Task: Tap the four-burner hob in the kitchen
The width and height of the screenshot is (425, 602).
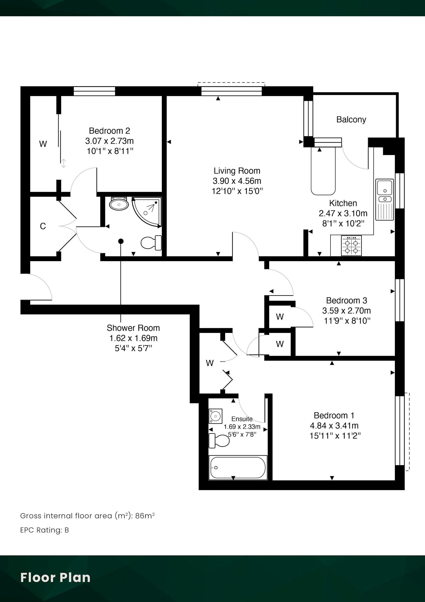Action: (x=351, y=245)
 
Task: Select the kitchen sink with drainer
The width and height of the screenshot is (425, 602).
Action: (x=384, y=199)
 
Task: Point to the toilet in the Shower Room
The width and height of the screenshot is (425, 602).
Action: (x=151, y=243)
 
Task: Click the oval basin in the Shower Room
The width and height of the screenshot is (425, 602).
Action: (x=119, y=204)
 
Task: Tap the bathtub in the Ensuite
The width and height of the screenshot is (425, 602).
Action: (x=238, y=467)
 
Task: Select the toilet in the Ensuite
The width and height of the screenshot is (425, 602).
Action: (x=219, y=440)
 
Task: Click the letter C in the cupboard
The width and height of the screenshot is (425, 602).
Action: (x=43, y=226)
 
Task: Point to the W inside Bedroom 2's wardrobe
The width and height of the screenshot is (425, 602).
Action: (x=43, y=144)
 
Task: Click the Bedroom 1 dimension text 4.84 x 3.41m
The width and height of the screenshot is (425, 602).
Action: (x=334, y=426)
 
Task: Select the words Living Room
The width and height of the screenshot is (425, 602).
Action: (x=237, y=171)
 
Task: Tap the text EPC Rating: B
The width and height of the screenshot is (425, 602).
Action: (x=44, y=530)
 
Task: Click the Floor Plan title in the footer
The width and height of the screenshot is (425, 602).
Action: (x=55, y=577)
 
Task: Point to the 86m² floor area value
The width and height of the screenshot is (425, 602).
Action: (x=145, y=516)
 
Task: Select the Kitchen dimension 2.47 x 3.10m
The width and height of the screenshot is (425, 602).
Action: (x=343, y=213)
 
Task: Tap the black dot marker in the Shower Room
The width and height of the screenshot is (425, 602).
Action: (x=121, y=241)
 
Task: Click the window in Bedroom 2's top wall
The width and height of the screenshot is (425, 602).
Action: (x=94, y=91)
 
